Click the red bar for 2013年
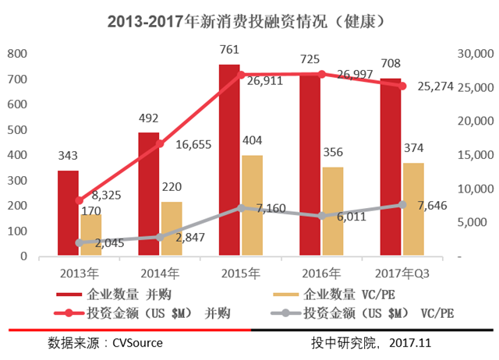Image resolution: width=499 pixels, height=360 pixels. tap(68, 226)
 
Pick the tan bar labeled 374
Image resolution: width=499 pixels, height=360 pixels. tap(414, 210)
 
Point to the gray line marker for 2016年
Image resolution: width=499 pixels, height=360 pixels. tap(322, 216)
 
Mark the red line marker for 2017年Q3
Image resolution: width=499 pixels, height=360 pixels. tap(402, 86)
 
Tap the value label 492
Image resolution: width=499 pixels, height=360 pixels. tap(148, 118)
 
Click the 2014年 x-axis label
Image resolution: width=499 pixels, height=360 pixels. tap(159, 273)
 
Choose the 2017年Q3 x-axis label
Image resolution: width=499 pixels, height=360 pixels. tap(402, 273)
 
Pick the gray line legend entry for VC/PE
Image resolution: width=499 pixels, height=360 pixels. tap(366, 312)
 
